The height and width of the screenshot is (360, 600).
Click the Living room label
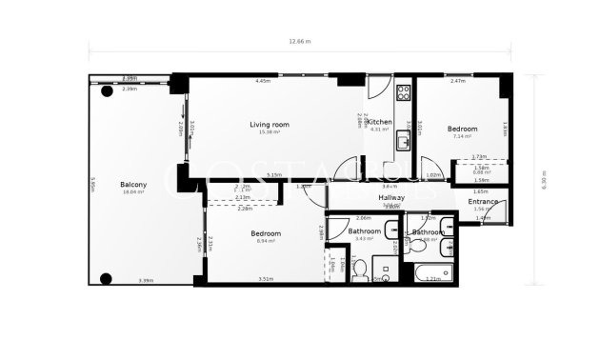[x=269, y=125]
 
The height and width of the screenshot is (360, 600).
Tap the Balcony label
[x=132, y=184]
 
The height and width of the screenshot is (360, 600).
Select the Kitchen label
[x=379, y=122]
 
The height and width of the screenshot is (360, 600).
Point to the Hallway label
[x=391, y=197]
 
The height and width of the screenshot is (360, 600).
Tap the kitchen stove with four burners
[x=402, y=93]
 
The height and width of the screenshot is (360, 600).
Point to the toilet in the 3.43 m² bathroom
[x=359, y=271]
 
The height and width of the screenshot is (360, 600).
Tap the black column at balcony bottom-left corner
[x=105, y=278]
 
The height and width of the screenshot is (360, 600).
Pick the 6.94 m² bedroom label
[x=265, y=241]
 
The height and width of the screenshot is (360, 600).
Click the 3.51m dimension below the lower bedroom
[x=266, y=279]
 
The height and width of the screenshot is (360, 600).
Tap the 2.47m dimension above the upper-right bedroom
[x=458, y=82]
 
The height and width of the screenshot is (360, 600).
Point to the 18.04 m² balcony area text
[x=132, y=191]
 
